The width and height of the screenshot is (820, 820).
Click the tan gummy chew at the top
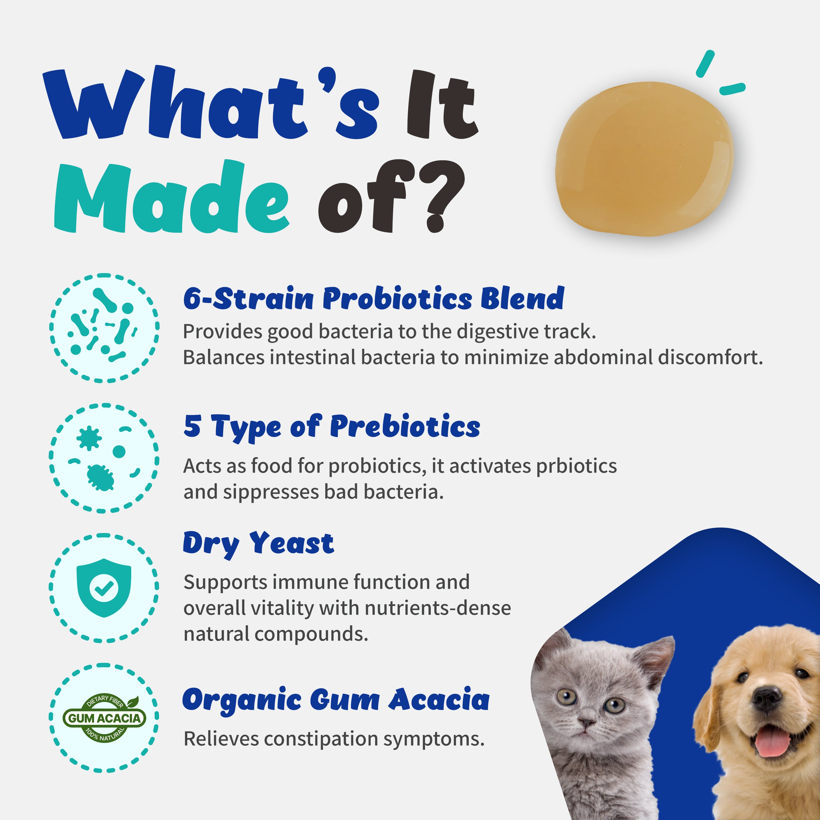644,158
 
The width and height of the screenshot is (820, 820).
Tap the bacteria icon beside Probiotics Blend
104,328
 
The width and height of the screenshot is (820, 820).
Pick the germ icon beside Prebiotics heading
104,458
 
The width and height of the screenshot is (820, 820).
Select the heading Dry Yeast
259,544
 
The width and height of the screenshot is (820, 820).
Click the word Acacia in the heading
439,700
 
